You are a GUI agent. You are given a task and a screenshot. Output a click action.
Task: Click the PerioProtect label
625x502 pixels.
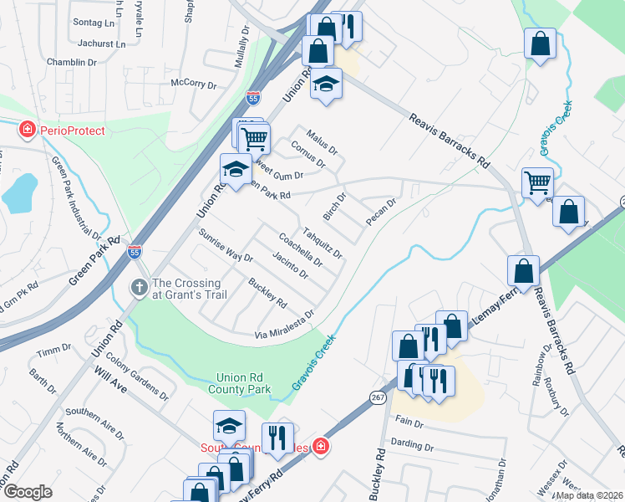point(75,131)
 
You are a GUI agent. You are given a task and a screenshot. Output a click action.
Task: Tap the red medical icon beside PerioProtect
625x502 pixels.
point(28,130)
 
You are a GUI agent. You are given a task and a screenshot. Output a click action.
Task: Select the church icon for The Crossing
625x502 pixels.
point(140,288)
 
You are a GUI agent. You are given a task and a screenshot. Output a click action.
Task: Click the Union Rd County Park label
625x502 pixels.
point(244,383)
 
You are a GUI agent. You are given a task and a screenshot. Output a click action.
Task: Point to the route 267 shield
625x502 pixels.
point(378,397)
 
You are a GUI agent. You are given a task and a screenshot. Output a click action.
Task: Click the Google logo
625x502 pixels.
point(28,492)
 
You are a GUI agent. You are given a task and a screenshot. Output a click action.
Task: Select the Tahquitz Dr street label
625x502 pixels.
point(322,243)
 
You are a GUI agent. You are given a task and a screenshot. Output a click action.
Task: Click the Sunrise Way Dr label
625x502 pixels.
point(225,245)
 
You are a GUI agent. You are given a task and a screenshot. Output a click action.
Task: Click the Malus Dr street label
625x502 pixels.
point(322,139)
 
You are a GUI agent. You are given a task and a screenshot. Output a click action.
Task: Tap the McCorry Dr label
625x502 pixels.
point(194,84)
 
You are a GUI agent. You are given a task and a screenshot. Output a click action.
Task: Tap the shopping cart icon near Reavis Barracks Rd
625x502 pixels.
point(537,181)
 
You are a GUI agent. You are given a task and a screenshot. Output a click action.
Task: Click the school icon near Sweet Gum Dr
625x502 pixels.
point(235,168)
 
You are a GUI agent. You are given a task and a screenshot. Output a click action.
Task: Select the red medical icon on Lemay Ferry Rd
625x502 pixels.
point(321,447)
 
